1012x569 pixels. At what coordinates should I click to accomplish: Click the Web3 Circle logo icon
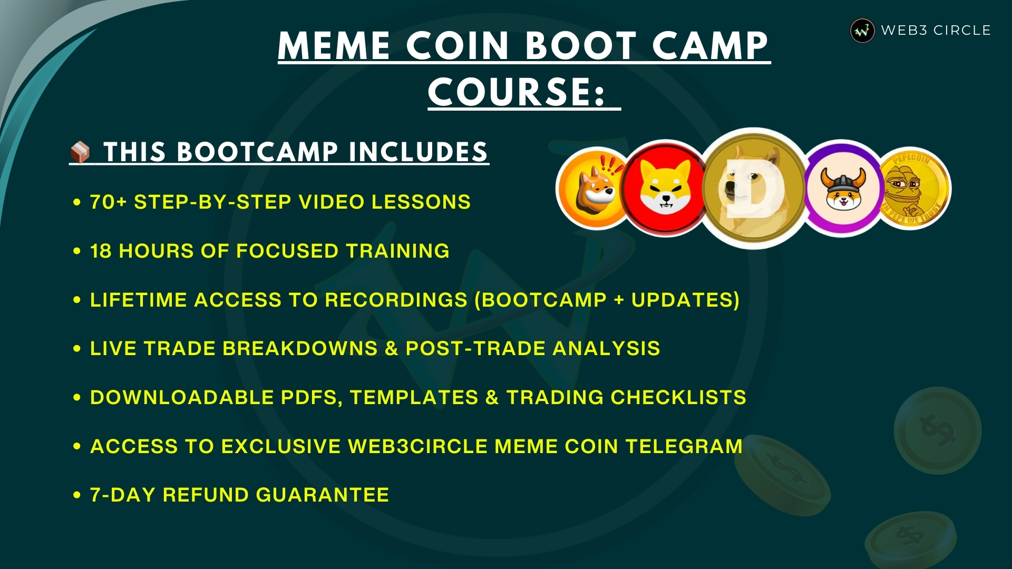tap(862, 31)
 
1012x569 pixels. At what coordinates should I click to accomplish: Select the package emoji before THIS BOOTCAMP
tap(80, 152)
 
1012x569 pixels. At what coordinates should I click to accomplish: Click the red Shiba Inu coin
tap(665, 189)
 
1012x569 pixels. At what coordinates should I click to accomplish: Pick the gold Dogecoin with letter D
tap(754, 188)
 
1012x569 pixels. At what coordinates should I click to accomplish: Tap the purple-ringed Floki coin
tap(842, 188)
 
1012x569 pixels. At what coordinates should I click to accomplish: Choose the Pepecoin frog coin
tap(915, 189)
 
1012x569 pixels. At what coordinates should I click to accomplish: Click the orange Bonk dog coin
tap(593, 189)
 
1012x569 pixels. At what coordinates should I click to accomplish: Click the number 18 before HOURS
tap(101, 251)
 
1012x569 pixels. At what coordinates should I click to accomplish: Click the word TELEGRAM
tap(684, 446)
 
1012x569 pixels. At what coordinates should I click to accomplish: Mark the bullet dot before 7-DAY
tap(77, 495)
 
